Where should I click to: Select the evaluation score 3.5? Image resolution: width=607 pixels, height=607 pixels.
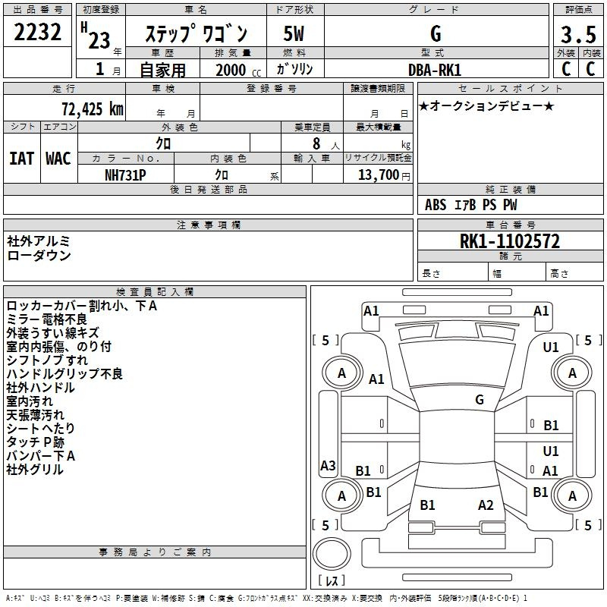tap(578, 35)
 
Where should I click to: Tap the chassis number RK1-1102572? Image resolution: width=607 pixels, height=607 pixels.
tap(510, 242)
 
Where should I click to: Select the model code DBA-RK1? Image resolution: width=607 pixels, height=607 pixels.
tap(436, 70)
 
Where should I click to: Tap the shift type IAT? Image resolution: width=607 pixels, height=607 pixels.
tap(21, 159)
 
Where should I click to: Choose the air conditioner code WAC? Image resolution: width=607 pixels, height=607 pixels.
tap(58, 159)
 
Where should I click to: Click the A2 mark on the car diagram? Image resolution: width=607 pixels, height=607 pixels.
tap(486, 505)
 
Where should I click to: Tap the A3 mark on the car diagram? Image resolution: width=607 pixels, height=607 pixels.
tap(328, 466)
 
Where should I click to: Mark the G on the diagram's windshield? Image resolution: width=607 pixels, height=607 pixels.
tap(480, 400)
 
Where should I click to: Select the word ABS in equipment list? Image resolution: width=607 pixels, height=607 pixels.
tap(436, 205)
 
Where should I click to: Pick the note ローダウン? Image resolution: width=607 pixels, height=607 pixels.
tap(39, 256)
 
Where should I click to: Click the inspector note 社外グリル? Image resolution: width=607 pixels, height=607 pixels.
tap(35, 470)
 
